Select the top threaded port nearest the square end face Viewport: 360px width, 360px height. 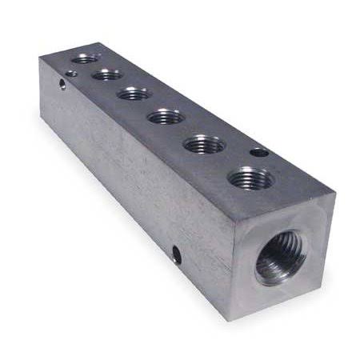pyautogui.click(x=251, y=178)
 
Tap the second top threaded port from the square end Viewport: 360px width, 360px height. pyautogui.click(x=205, y=146)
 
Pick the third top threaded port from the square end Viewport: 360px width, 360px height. pyautogui.click(x=166, y=117)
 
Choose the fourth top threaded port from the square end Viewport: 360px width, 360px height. pyautogui.click(x=134, y=94)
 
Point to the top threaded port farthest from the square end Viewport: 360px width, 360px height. pyautogui.click(x=85, y=58)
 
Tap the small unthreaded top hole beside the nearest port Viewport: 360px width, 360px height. pyautogui.click(x=259, y=151)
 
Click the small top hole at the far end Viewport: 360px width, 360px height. pyautogui.click(x=71, y=74)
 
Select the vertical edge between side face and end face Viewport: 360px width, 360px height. pyautogui.click(x=230, y=268)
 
